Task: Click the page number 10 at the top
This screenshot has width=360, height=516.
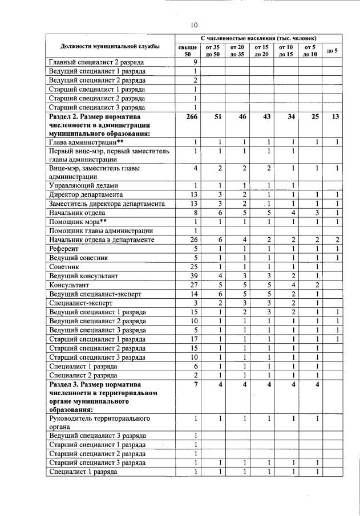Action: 194,25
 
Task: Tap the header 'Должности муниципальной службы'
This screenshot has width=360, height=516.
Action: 110,46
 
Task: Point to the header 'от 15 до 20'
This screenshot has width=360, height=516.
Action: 261,50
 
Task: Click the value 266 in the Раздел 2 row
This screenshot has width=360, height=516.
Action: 191,116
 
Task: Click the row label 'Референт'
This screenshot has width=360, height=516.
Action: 64,249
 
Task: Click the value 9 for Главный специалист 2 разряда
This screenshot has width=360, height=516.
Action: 195,62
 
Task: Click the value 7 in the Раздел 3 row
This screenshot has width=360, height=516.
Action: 195,384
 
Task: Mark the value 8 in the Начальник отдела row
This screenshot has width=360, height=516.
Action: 195,212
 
